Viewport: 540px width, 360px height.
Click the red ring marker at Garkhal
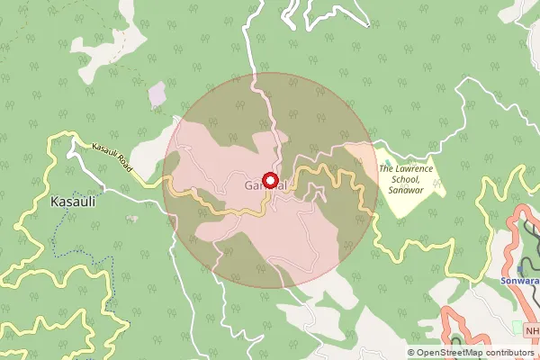[x=269, y=180]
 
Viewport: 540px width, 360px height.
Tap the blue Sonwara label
[x=519, y=281]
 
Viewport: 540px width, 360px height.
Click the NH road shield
[x=532, y=330]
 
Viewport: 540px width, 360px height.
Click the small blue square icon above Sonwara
[x=520, y=269]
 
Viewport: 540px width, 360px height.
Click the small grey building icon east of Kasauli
[x=133, y=218]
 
